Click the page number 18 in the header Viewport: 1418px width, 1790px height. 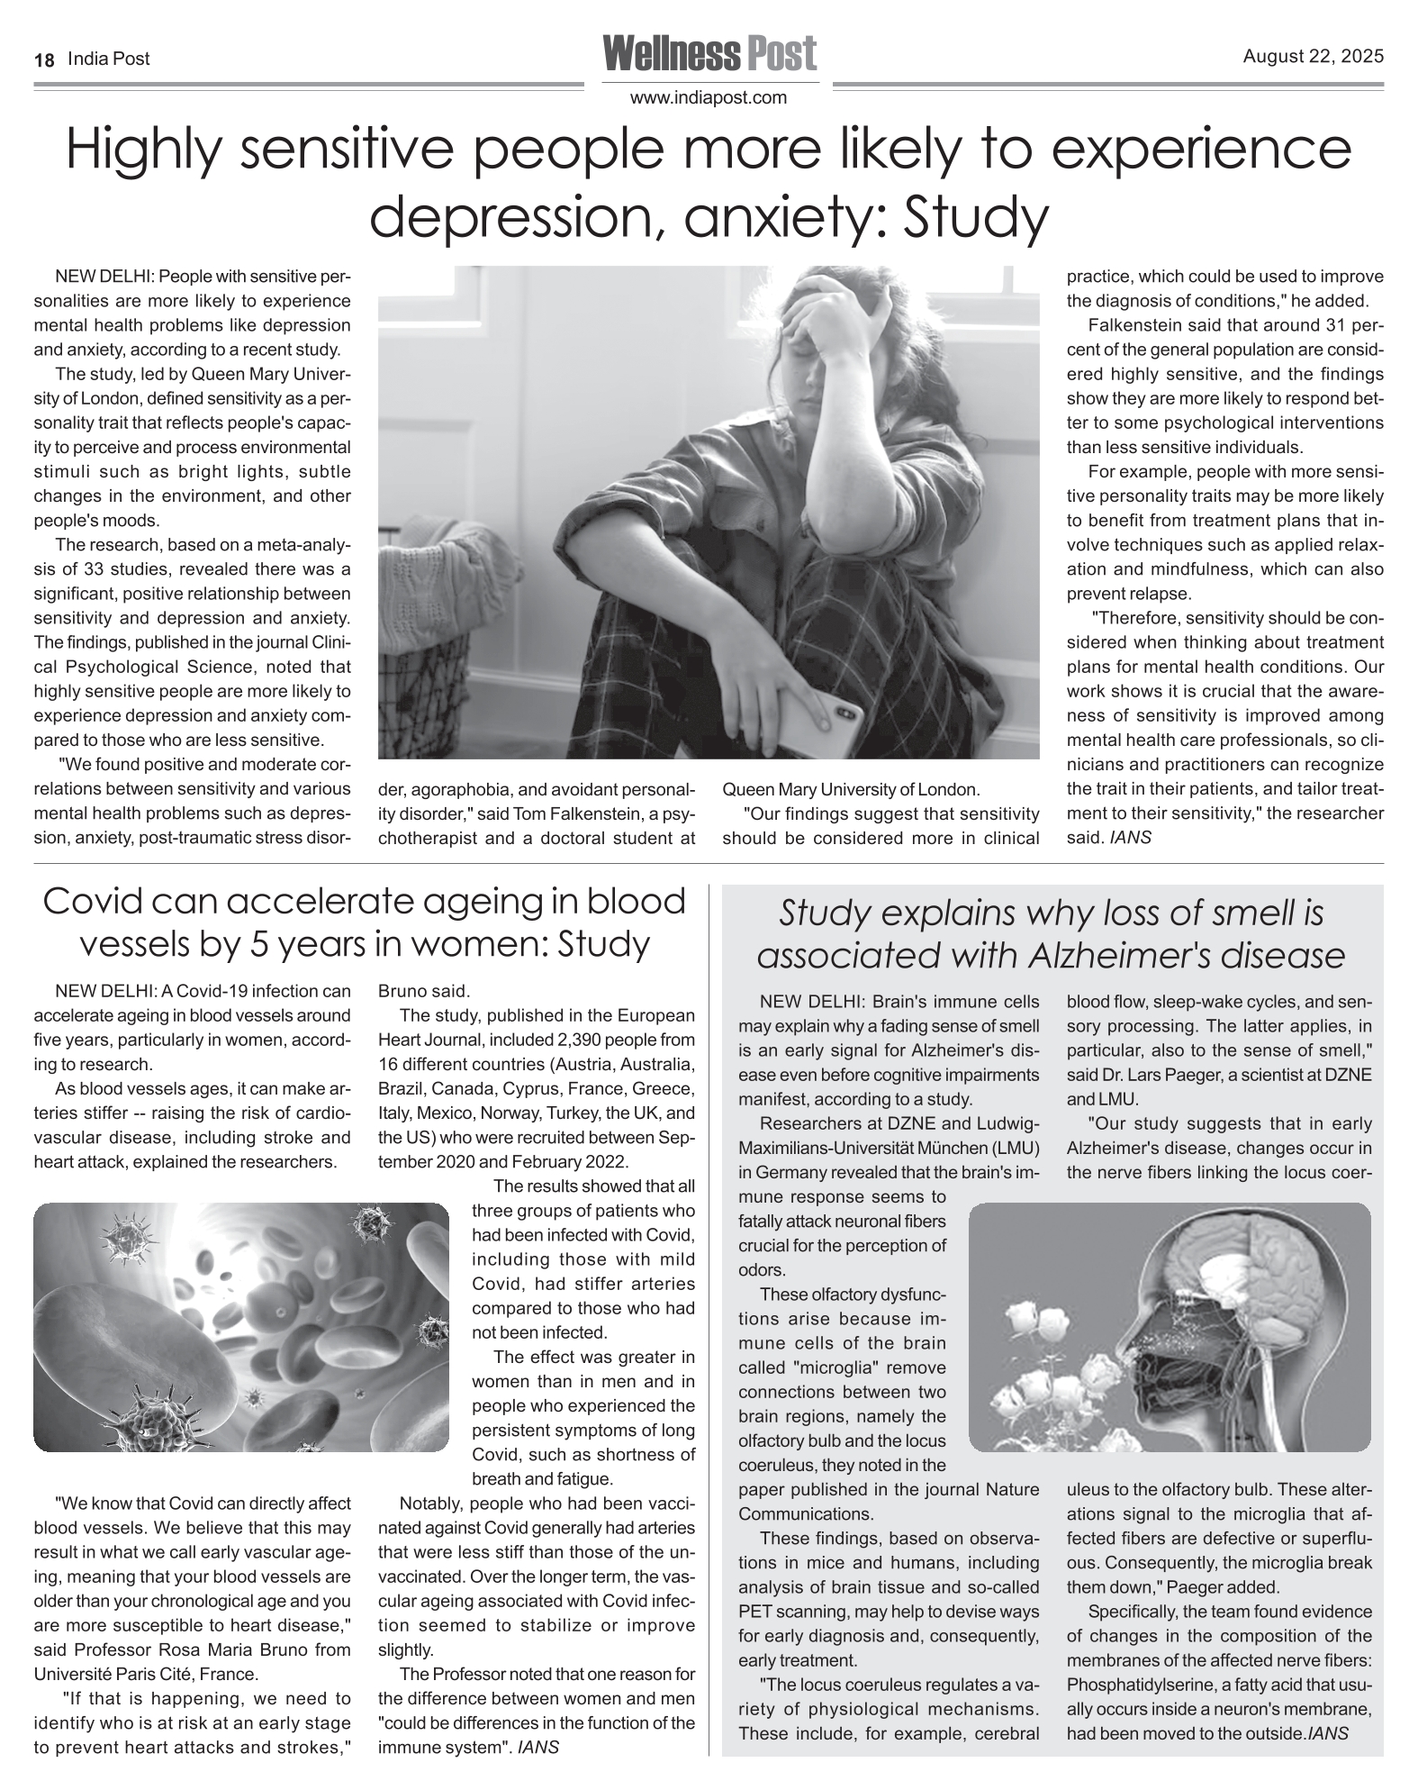tap(44, 59)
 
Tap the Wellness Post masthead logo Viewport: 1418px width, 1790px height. tap(709, 54)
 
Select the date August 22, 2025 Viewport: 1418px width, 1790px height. tap(1313, 57)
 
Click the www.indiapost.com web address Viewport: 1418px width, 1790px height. tap(709, 97)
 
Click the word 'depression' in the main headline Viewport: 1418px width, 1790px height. tap(505, 216)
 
